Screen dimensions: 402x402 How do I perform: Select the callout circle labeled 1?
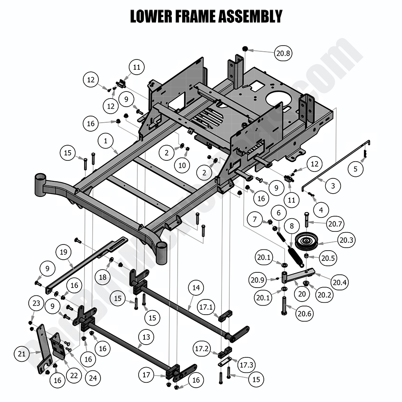point(106,141)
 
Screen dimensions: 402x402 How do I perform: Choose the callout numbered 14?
point(196,288)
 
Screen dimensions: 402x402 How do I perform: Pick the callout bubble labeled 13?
point(146,338)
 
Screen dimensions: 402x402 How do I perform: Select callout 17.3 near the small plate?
point(246,364)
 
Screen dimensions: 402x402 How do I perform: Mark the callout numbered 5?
point(356,168)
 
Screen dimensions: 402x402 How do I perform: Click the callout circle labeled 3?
point(333,186)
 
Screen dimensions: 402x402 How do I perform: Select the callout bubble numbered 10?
point(182,165)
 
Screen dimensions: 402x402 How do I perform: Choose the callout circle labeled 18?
point(103,277)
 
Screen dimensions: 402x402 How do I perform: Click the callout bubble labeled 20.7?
point(336,224)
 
